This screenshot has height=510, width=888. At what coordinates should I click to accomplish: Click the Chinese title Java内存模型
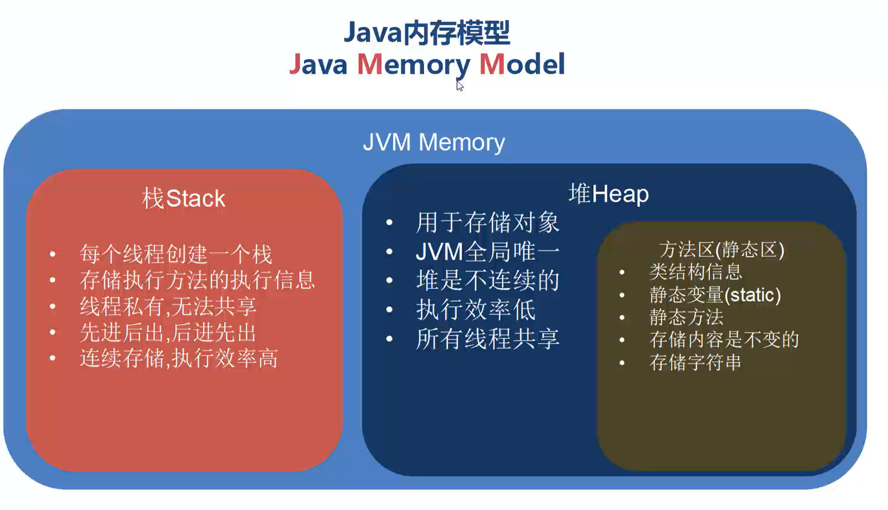click(x=427, y=33)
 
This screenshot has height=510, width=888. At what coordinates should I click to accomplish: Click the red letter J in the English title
click(x=295, y=64)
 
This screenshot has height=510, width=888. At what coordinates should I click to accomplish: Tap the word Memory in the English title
click(x=413, y=65)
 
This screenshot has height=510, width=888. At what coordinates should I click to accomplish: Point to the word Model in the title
click(x=522, y=64)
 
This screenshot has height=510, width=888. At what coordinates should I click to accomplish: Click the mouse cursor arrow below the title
click(x=460, y=85)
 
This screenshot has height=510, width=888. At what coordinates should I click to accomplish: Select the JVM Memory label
click(x=433, y=142)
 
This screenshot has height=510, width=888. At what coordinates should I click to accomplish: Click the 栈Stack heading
click(x=183, y=198)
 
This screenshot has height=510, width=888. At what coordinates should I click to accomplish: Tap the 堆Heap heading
click(x=608, y=194)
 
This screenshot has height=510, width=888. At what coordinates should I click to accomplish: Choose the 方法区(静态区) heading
click(x=721, y=250)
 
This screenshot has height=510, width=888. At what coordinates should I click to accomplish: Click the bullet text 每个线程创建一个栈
click(x=176, y=254)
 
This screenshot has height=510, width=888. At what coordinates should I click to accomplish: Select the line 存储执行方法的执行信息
click(x=197, y=280)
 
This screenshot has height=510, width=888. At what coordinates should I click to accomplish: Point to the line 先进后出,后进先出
click(x=168, y=332)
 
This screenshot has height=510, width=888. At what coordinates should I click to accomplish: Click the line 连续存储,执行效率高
click(x=179, y=358)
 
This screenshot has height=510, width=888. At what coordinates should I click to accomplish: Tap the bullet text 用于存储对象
click(x=487, y=223)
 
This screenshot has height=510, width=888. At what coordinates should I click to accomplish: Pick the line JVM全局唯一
click(x=487, y=251)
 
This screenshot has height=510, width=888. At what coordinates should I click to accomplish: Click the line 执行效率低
click(x=476, y=309)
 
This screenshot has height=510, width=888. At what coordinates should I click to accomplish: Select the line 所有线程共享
click(x=487, y=339)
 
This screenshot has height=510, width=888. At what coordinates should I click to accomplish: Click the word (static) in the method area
click(x=752, y=295)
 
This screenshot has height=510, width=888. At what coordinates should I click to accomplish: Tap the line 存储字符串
click(x=695, y=362)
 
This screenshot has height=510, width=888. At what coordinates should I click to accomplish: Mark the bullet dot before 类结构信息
click(x=622, y=272)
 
